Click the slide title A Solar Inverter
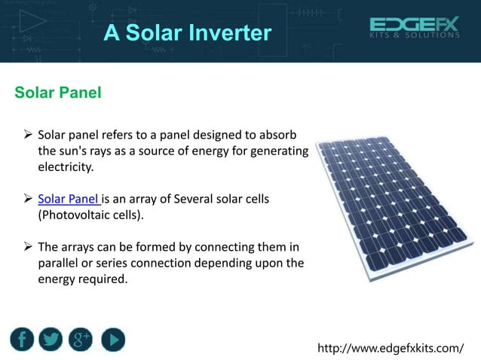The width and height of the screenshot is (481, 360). click(x=187, y=33)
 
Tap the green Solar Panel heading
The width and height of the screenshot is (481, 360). click(x=58, y=93)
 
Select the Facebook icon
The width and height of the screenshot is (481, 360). click(x=23, y=340)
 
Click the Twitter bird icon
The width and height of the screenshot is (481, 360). click(x=51, y=340)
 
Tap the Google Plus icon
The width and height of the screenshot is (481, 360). click(x=81, y=340)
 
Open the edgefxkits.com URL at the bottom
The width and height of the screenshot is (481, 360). click(x=391, y=348)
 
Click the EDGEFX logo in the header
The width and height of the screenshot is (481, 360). click(x=414, y=25)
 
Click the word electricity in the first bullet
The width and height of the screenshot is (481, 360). click(x=66, y=167)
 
